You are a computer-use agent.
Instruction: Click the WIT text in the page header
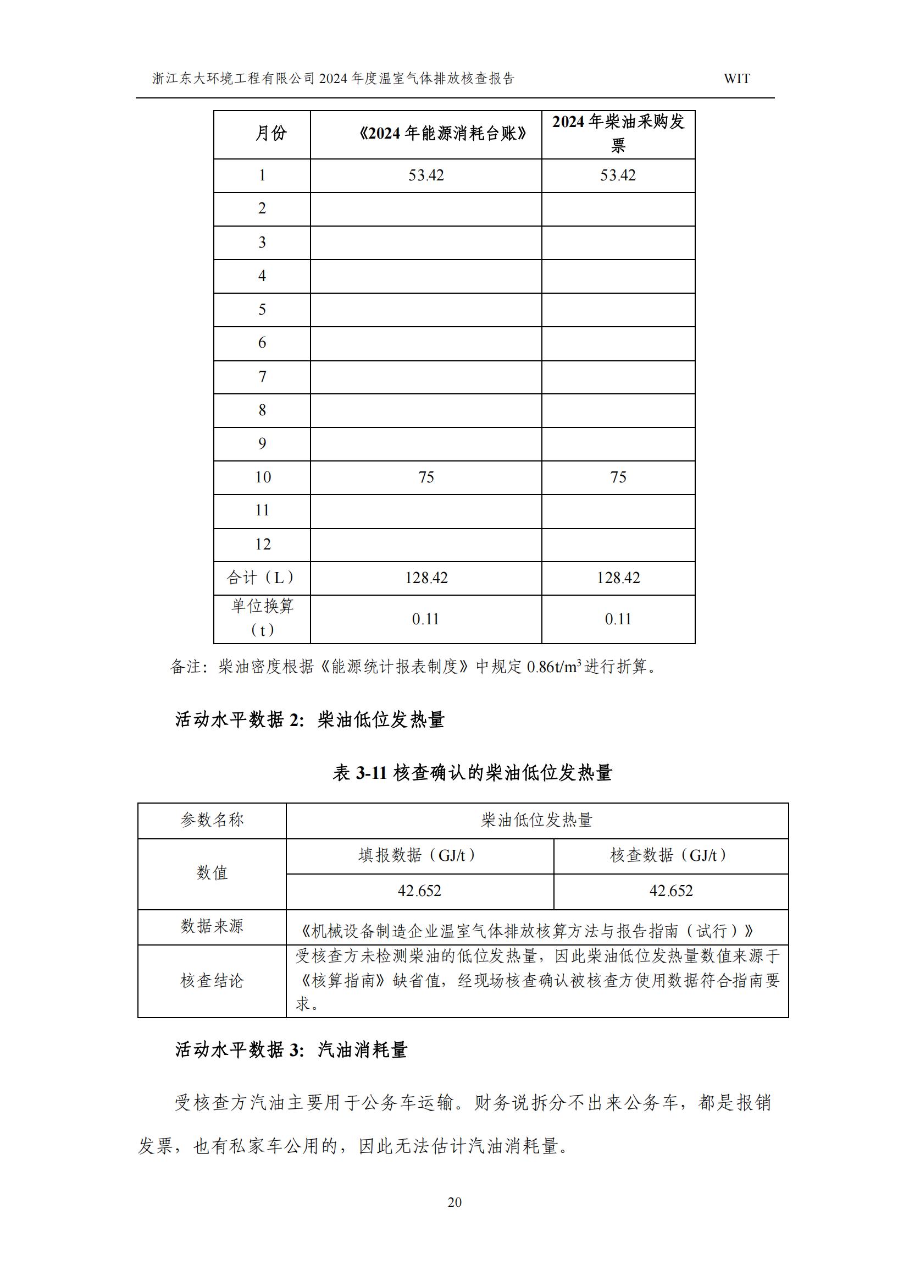click(x=736, y=79)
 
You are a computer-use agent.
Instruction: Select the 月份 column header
click(x=271, y=133)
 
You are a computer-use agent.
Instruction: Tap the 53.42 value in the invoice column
click(x=618, y=175)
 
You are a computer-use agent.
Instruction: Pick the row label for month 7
click(x=262, y=377)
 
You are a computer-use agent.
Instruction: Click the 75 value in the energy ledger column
click(x=426, y=477)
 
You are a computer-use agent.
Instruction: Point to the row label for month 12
click(x=263, y=544)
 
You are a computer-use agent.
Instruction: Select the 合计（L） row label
click(x=262, y=578)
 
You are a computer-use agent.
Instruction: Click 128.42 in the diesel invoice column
click(x=618, y=578)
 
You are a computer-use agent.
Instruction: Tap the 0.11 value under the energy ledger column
click(x=425, y=619)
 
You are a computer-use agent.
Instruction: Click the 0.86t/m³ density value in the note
click(x=553, y=667)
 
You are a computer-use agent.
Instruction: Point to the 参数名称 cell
click(x=212, y=820)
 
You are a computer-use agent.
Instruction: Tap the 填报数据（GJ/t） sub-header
click(x=419, y=855)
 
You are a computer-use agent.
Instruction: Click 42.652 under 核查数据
click(x=670, y=891)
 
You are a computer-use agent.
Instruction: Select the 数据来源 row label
click(x=212, y=926)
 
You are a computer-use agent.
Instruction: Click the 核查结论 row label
click(x=212, y=981)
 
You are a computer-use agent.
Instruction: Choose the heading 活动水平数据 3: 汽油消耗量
click(x=291, y=1049)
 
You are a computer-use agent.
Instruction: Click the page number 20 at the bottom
click(x=454, y=1202)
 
